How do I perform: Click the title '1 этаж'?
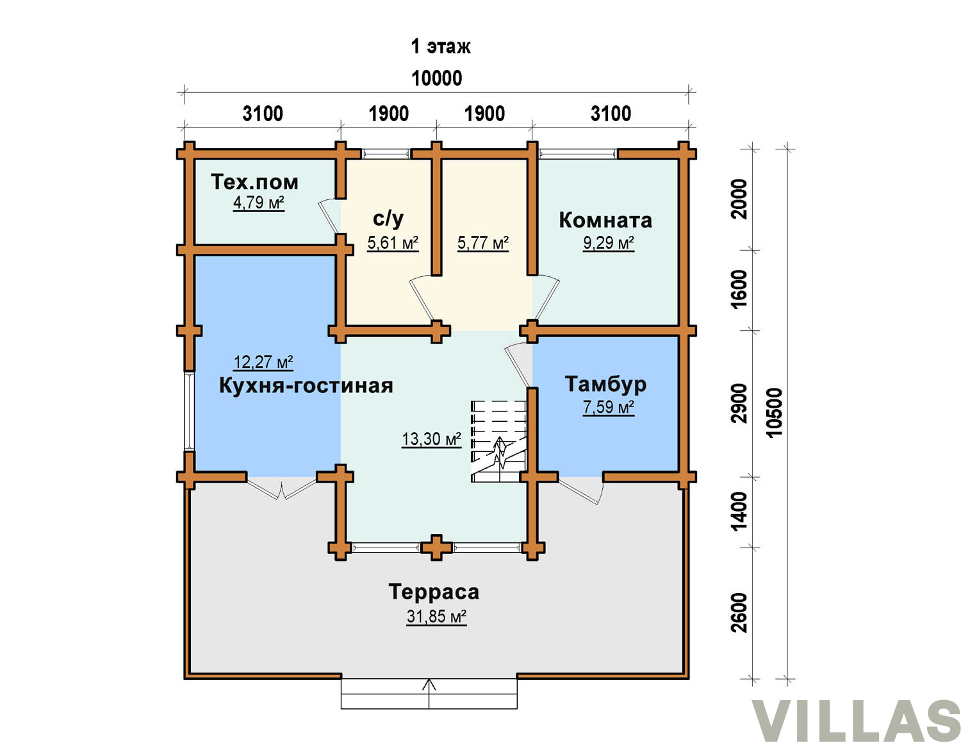pos(441,46)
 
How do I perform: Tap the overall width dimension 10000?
pos(436,78)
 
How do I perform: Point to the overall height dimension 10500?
pos(775,413)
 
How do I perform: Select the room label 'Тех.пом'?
pos(254,182)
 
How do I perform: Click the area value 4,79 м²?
pos(259,203)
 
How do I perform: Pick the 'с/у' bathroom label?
pos(388,219)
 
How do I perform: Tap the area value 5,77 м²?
pos(483,242)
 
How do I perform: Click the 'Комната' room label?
pos(605,221)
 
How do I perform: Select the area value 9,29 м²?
pos(609,243)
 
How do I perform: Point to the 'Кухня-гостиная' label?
pos(306,385)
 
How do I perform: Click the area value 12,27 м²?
pos(263,362)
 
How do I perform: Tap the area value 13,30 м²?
pos(432,439)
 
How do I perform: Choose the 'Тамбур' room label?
pos(605,384)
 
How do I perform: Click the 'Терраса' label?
pos(434,592)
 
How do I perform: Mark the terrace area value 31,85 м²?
pos(436,616)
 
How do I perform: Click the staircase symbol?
pos(499,441)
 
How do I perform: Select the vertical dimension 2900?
pos(739,404)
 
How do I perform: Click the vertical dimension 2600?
pos(739,613)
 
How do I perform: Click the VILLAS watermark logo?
pos(857,721)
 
